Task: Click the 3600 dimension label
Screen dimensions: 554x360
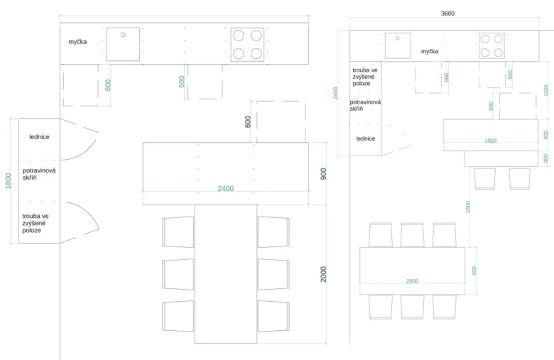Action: point(447,13)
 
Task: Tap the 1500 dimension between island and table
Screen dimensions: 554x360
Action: point(468,207)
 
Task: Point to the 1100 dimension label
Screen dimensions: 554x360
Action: point(546,90)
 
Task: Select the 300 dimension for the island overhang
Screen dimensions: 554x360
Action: point(546,158)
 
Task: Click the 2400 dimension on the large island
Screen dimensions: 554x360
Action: point(225,189)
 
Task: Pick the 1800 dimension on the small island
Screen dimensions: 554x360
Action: point(490,141)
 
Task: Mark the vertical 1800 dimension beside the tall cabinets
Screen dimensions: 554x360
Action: point(8,181)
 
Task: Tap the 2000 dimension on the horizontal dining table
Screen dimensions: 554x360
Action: point(412,281)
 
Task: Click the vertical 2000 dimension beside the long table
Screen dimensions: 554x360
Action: point(323,274)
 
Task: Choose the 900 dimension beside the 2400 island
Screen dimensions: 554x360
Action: point(323,174)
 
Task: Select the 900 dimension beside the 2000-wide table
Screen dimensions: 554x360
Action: point(474,271)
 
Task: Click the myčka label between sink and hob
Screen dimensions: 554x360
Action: point(430,52)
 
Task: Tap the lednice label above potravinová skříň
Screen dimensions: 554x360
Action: point(39,137)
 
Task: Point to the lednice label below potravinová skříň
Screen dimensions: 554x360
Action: point(366,138)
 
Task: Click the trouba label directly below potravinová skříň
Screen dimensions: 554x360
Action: point(36,223)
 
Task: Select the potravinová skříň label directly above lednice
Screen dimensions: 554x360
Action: point(365,105)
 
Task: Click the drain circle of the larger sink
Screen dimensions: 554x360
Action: point(123,35)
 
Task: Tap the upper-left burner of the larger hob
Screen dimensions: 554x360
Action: point(239,36)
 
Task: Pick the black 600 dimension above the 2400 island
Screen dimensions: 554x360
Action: point(248,122)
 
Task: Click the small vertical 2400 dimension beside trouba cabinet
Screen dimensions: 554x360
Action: point(335,93)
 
